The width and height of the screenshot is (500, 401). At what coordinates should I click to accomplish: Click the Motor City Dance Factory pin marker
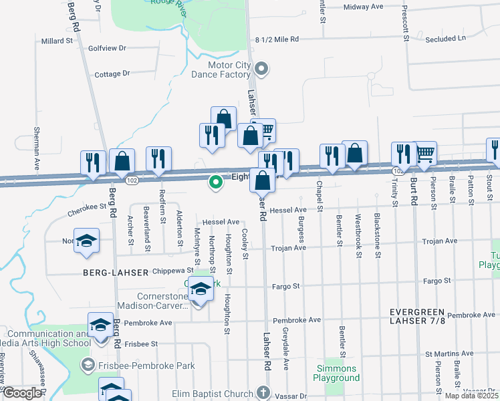pyautogui.click(x=262, y=68)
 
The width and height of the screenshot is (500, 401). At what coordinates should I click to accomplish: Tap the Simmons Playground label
pyautogui.click(x=338, y=374)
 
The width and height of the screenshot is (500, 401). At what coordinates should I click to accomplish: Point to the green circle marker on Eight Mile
pyautogui.click(x=216, y=181)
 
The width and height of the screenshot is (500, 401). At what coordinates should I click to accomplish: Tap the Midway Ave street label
pyautogui.click(x=363, y=7)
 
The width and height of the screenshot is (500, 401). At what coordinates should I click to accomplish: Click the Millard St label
pyautogui.click(x=57, y=41)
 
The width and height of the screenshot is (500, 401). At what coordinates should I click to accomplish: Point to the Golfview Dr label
pyautogui.click(x=107, y=48)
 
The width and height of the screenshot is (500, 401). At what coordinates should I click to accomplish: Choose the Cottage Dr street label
pyautogui.click(x=112, y=74)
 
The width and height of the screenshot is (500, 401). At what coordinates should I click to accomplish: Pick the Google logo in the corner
pyautogui.click(x=22, y=394)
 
